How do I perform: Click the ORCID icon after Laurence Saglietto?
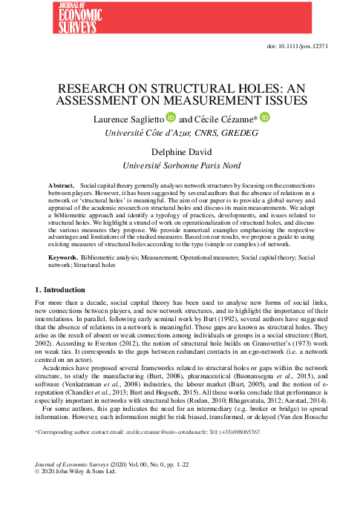pyautogui.click(x=171, y=118)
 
